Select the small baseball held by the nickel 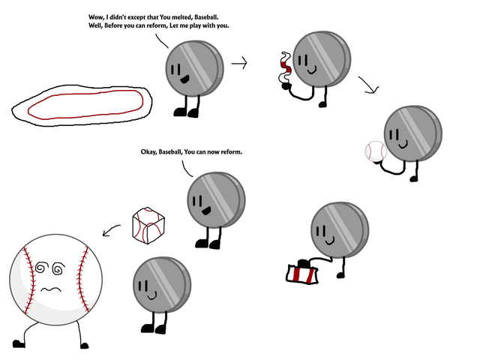374,152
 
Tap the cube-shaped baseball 146,226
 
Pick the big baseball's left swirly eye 40,266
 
